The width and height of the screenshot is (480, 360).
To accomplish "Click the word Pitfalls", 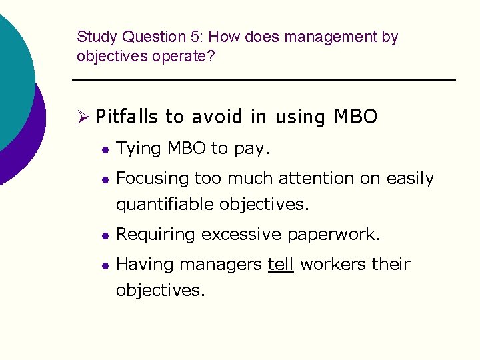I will coord(127,117).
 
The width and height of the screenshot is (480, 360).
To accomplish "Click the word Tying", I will coord(139,149).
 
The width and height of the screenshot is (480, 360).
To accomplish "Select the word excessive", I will coord(241,235).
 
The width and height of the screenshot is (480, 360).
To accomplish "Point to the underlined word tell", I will coord(280,265).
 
